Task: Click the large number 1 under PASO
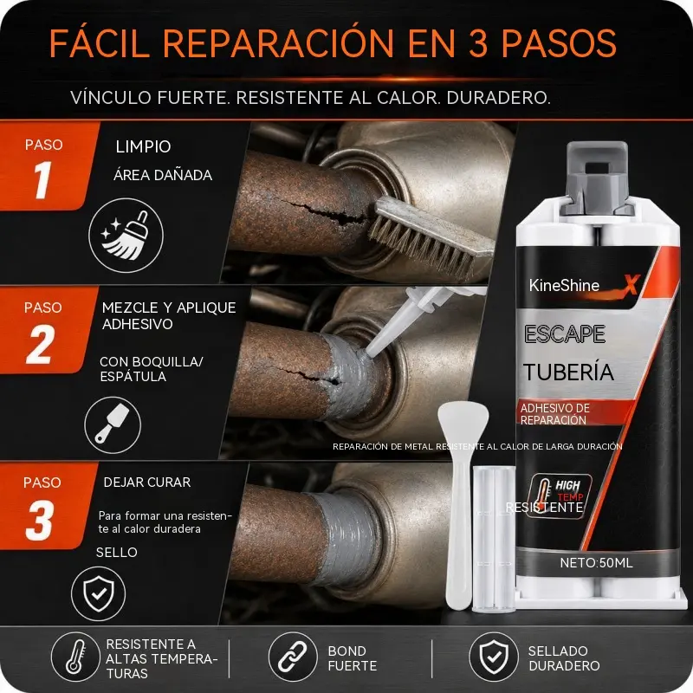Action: pyautogui.click(x=42, y=179)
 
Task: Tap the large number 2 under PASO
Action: pyautogui.click(x=40, y=344)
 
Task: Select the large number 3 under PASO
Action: pyautogui.click(x=40, y=520)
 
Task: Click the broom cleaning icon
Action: pyautogui.click(x=126, y=236)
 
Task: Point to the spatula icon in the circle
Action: pyautogui.click(x=113, y=424)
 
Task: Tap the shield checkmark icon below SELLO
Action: pyautogui.click(x=99, y=593)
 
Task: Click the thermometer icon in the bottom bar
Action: pyautogui.click(x=75, y=657)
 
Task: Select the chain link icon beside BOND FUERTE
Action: pyautogui.click(x=293, y=657)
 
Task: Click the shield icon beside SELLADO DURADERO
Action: pyautogui.click(x=494, y=657)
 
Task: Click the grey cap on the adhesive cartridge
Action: pyautogui.click(x=597, y=176)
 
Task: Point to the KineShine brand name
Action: pyautogui.click(x=564, y=286)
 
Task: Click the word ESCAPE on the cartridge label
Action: pyautogui.click(x=565, y=334)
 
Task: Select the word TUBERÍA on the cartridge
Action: pyautogui.click(x=569, y=372)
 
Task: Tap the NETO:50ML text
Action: pyautogui.click(x=596, y=562)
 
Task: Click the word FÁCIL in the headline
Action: pyautogui.click(x=100, y=42)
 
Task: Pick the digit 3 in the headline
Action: pyautogui.click(x=478, y=43)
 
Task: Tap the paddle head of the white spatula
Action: pyautogui.click(x=463, y=424)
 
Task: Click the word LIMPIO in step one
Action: pyautogui.click(x=143, y=146)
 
